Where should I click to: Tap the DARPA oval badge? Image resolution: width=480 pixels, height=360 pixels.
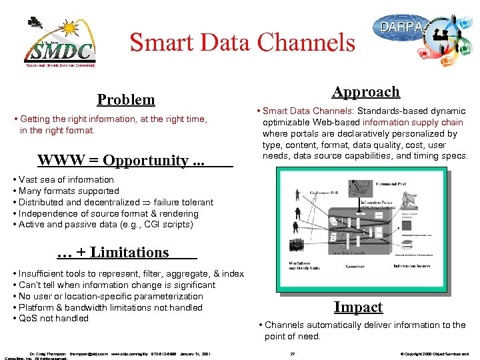pyautogui.click(x=402, y=27)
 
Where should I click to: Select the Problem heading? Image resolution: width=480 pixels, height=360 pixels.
pyautogui.click(x=125, y=99)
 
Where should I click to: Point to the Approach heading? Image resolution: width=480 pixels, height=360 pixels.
pyautogui.click(x=366, y=92)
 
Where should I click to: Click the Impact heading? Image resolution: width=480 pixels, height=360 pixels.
pyautogui.click(x=358, y=307)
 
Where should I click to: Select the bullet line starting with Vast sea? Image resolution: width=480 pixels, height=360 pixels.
pyautogui.click(x=66, y=179)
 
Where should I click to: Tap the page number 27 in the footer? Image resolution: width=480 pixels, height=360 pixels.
pyautogui.click(x=293, y=353)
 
